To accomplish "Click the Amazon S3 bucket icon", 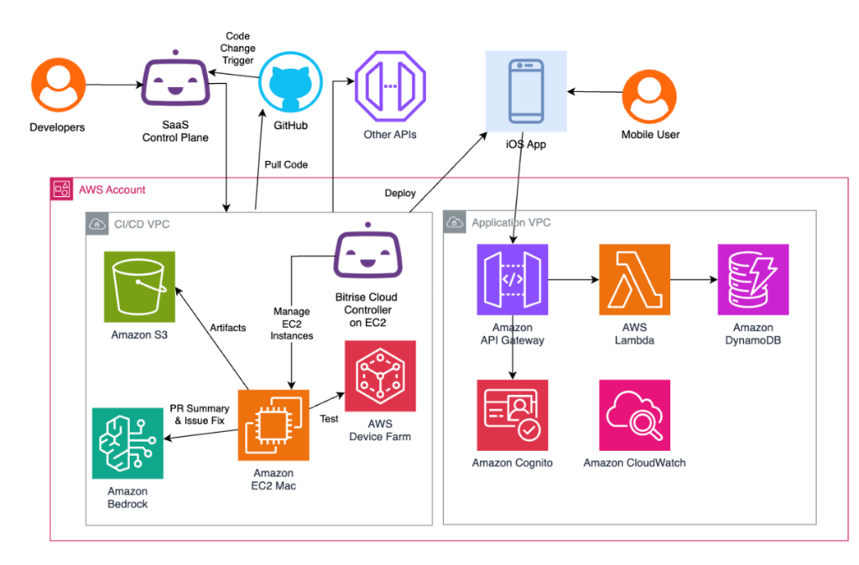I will coord(140,287).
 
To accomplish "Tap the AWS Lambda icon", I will coord(634,279).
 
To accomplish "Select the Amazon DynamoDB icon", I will coord(752,279).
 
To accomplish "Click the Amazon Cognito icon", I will coord(512,415).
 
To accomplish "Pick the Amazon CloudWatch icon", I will coord(634,415).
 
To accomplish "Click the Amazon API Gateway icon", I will coord(512,279).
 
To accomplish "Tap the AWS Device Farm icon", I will coord(380,376).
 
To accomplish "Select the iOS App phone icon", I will coord(526,90).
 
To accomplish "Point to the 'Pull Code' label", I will coord(286,164).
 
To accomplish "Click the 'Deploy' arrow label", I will coord(400,193).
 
